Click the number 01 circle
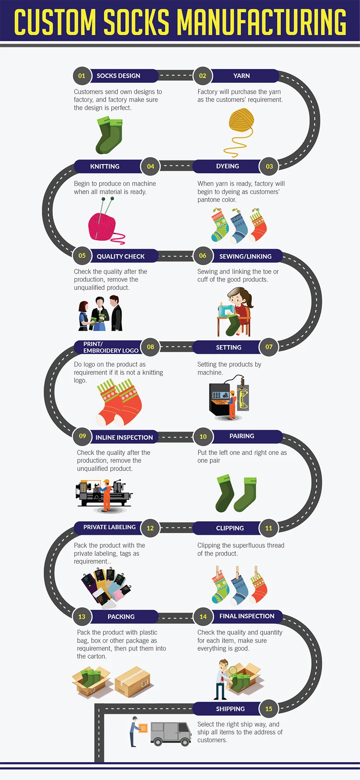(82, 76)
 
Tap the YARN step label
(241, 76)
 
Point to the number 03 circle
(269, 166)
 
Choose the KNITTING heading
(105, 166)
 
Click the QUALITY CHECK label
(120, 257)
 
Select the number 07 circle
(269, 347)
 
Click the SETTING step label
(229, 347)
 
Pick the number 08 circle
(151, 347)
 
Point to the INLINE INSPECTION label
(124, 437)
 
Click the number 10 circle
(203, 436)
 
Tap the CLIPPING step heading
(230, 528)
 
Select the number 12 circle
(150, 528)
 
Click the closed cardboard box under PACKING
(133, 681)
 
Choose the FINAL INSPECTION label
(247, 616)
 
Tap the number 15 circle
(269, 709)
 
